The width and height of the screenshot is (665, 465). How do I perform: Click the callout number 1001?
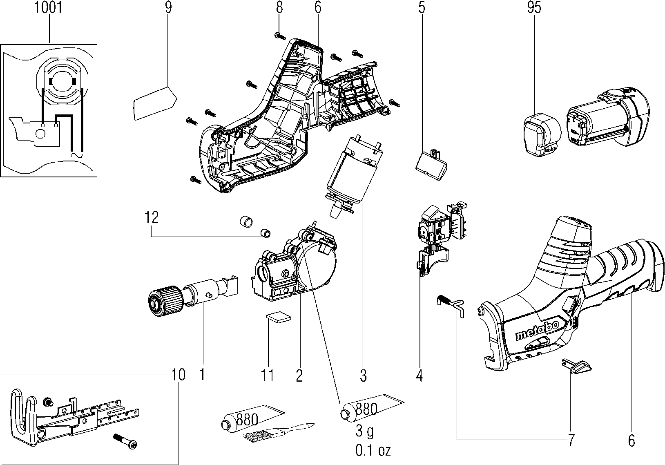49,7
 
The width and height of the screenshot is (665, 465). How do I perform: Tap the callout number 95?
534,7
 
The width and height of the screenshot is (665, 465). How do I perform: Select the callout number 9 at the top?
168,7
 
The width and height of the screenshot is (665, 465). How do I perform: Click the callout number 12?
152,217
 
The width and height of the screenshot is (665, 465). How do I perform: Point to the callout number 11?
268,375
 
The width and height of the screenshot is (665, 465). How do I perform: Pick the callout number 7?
571,440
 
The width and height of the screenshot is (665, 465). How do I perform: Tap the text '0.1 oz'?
373,450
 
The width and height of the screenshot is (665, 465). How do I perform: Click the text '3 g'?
365,432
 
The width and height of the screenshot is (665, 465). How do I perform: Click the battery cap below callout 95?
542,134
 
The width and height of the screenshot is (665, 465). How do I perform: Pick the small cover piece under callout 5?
432,165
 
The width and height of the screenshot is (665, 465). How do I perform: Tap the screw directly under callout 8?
280,36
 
